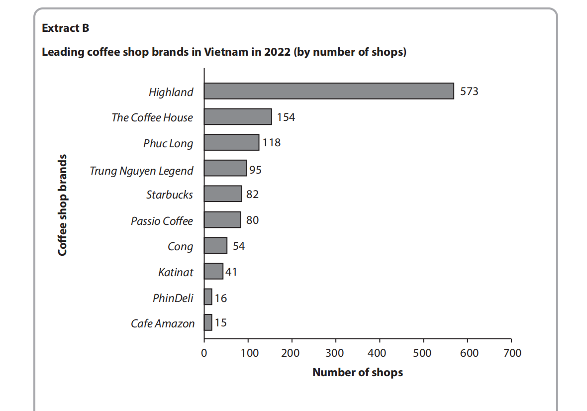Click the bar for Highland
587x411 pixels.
(x=328, y=91)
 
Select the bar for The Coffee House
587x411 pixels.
(x=238, y=117)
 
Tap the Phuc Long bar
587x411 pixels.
(x=231, y=142)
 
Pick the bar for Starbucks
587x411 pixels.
(x=223, y=194)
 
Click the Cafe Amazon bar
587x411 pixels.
(x=208, y=322)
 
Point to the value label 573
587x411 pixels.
(x=469, y=92)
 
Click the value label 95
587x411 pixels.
(x=255, y=170)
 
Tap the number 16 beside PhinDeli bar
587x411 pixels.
(x=220, y=298)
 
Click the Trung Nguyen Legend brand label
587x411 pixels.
(x=141, y=171)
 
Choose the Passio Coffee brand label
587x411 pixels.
(x=162, y=220)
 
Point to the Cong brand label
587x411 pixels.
(x=180, y=246)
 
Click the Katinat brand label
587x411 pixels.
(x=175, y=272)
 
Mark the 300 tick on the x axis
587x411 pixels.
(x=336, y=353)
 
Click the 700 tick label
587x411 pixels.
(x=512, y=353)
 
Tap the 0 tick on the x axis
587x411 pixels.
(x=204, y=353)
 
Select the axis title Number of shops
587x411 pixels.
(x=358, y=372)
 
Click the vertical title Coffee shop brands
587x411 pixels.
(x=62, y=205)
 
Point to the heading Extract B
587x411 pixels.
(x=66, y=28)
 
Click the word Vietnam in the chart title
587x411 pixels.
(x=223, y=52)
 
